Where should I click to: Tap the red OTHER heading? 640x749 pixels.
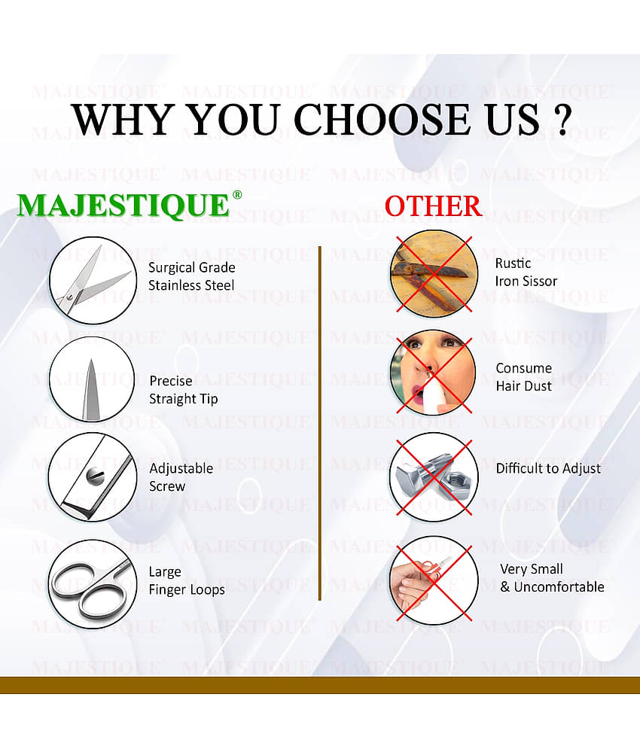pyautogui.click(x=433, y=206)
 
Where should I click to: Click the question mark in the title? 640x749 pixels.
pyautogui.click(x=559, y=119)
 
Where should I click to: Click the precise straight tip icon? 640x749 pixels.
pyautogui.click(x=92, y=380)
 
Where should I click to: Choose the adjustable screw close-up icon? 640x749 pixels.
pyautogui.click(x=92, y=477)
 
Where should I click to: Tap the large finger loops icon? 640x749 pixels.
pyautogui.click(x=92, y=583)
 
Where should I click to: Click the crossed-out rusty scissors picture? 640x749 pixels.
pyautogui.click(x=433, y=273)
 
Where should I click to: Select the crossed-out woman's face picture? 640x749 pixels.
pyautogui.click(x=433, y=373)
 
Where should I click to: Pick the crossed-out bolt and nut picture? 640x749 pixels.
pyautogui.click(x=433, y=476)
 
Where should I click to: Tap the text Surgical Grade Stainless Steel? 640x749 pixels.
pyautogui.click(x=191, y=276)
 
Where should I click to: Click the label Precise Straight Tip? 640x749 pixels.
pyautogui.click(x=183, y=390)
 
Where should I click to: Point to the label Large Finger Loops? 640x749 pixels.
pyautogui.click(x=186, y=581)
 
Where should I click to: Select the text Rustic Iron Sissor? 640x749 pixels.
pyautogui.click(x=526, y=273)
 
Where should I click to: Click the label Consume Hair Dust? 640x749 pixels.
pyautogui.click(x=523, y=377)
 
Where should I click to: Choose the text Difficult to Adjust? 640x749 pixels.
pyautogui.click(x=548, y=468)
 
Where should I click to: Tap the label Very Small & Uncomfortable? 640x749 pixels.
pyautogui.click(x=552, y=578)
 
